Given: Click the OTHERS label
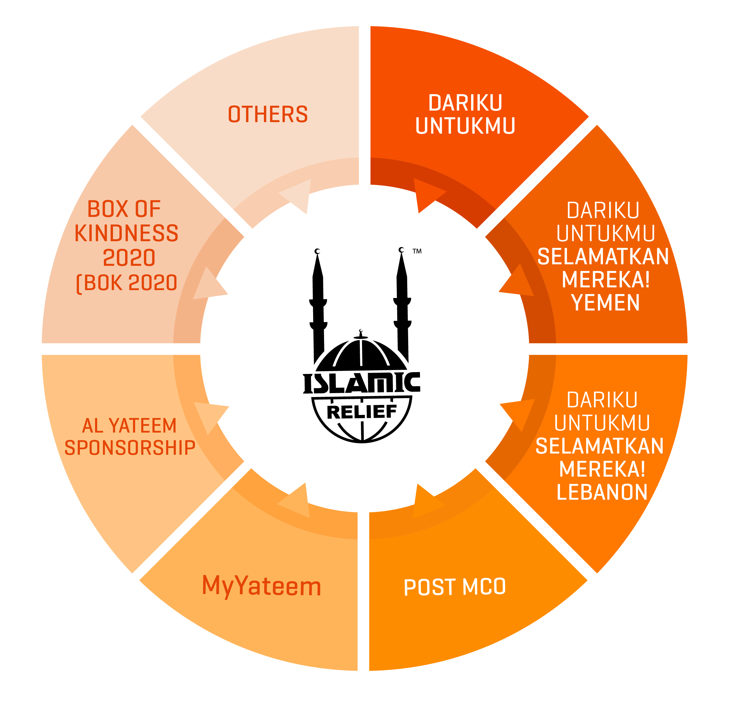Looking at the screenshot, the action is pyautogui.click(x=268, y=114).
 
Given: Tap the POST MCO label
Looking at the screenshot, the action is pyautogui.click(x=454, y=587).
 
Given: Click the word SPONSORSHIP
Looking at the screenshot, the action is pyautogui.click(x=130, y=448).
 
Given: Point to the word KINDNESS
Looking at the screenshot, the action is pyautogui.click(x=126, y=233).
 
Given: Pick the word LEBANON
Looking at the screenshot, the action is pyautogui.click(x=602, y=492).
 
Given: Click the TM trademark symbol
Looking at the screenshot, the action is pyautogui.click(x=417, y=251).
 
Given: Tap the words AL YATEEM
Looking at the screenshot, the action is pyautogui.click(x=129, y=426).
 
